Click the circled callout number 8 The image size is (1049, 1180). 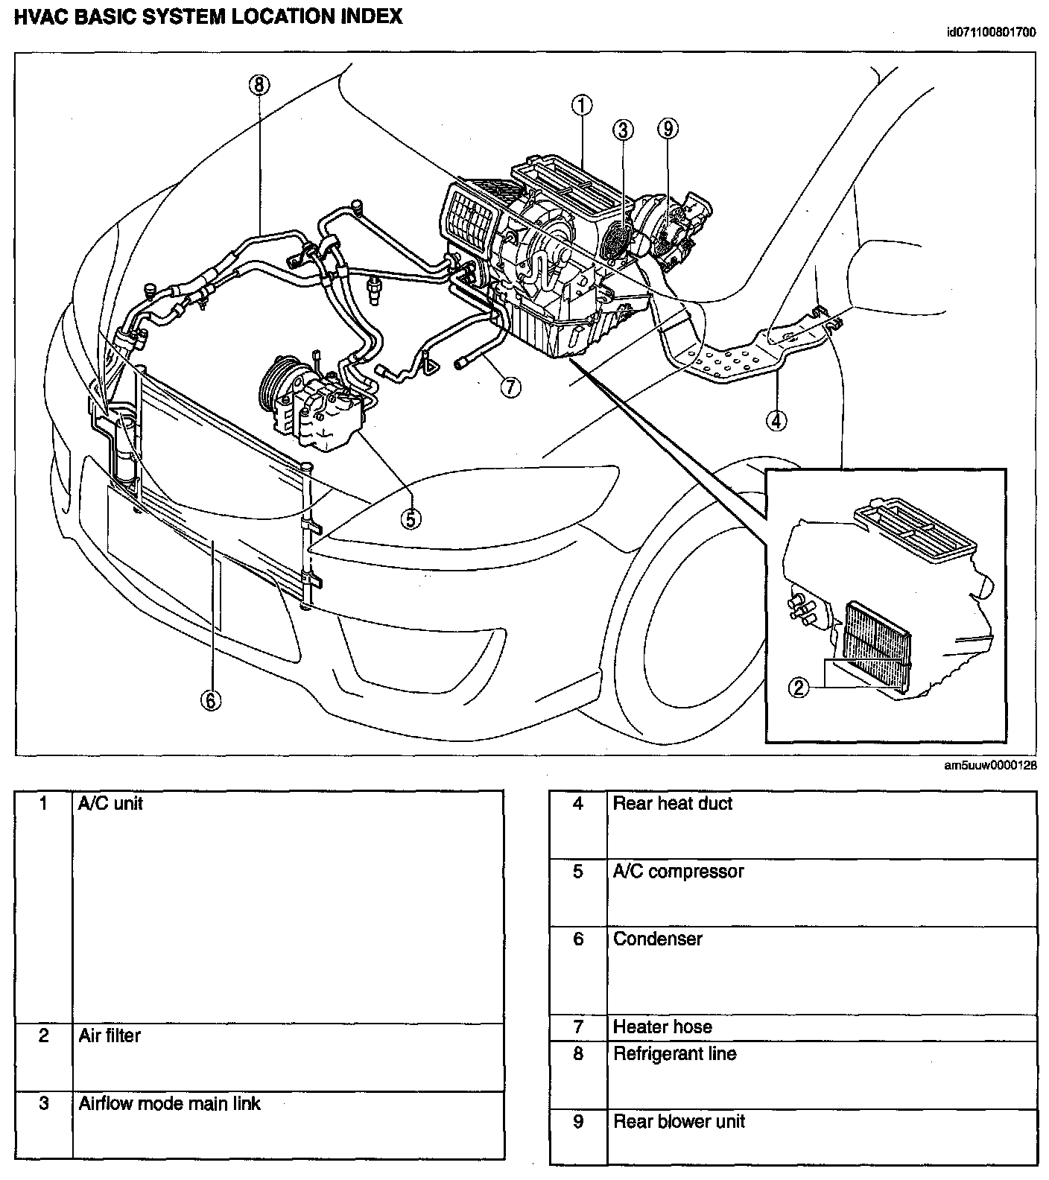click(x=259, y=85)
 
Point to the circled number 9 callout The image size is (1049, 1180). click(x=668, y=129)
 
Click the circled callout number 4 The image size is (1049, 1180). click(x=776, y=421)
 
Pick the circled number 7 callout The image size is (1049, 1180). click(x=510, y=387)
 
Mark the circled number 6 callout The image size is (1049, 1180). click(x=211, y=700)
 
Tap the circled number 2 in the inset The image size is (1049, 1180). click(x=799, y=688)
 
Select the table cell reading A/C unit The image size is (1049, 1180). click(x=111, y=804)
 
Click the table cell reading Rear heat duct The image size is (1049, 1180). click(x=672, y=804)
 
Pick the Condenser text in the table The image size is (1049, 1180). click(x=657, y=939)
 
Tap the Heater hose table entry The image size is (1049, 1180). click(x=662, y=1027)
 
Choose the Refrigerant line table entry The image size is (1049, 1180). click(x=674, y=1054)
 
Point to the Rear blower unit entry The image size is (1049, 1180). click(x=678, y=1122)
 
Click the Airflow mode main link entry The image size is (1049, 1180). click(x=170, y=1103)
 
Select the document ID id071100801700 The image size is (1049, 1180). click(x=990, y=33)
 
